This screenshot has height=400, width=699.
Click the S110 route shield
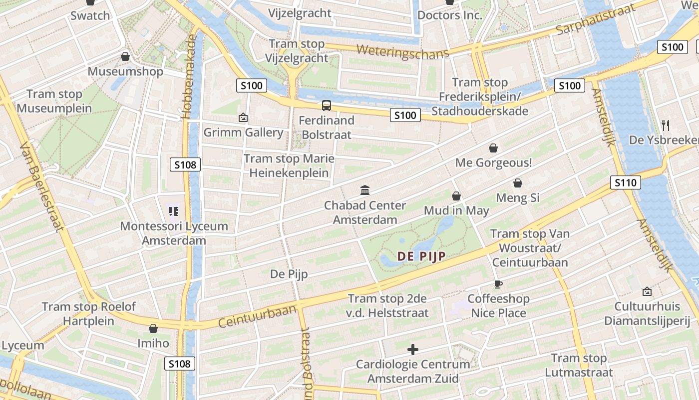point(625,182)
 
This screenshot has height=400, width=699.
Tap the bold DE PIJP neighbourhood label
point(421,256)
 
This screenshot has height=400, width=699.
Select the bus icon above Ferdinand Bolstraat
point(327,105)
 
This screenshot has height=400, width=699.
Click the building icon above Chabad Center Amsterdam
point(365,190)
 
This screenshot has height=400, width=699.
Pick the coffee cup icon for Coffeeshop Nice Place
point(497,284)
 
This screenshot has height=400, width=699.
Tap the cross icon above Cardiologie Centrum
point(413,349)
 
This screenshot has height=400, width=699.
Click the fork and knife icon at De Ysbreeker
point(665,125)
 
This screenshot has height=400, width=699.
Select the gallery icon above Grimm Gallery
point(243,117)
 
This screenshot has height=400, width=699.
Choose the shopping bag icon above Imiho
point(153,328)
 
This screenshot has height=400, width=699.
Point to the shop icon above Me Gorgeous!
point(493,148)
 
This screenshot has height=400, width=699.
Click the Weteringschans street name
point(403,51)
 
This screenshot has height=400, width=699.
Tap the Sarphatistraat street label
point(595,19)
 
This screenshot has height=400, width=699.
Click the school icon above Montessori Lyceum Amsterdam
point(173,211)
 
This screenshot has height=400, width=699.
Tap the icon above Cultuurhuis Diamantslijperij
point(647,291)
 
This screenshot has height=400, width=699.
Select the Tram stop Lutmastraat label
point(579,365)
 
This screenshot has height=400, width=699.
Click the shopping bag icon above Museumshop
point(125,56)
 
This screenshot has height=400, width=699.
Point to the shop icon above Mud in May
point(456,196)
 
